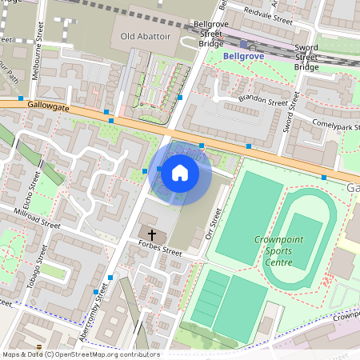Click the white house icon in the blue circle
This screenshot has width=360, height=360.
(180, 172)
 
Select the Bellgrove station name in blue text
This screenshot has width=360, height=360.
(242, 57)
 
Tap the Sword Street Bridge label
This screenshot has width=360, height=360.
(306, 57)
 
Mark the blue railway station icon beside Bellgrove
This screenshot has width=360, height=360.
(244, 45)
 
